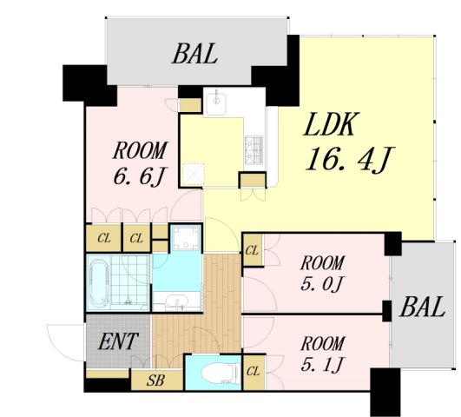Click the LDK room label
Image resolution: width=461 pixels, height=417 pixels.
click(x=332, y=124)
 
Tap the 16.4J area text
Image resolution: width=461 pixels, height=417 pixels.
click(x=349, y=159)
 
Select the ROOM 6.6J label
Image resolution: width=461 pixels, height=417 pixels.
click(x=141, y=163)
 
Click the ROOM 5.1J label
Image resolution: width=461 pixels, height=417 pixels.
click(x=322, y=354)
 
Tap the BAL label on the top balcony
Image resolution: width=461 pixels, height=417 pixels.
click(x=194, y=54)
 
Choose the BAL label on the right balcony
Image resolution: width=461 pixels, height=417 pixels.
click(x=422, y=307)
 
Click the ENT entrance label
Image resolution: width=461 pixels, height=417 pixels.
click(x=118, y=341)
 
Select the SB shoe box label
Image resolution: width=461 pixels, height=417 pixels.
click(x=155, y=381)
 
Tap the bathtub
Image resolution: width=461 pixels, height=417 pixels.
click(x=99, y=283)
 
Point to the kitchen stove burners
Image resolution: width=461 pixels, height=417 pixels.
click(x=254, y=150)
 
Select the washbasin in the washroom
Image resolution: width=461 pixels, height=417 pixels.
click(x=177, y=301)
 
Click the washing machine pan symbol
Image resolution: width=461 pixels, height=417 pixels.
click(x=186, y=237)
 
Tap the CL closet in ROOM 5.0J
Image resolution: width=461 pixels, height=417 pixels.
click(x=252, y=250)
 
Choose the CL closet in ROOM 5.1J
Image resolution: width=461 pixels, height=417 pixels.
click(x=254, y=372)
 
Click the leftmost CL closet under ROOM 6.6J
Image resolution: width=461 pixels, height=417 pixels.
click(x=104, y=238)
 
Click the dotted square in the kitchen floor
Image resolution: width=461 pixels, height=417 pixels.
click(x=193, y=175)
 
